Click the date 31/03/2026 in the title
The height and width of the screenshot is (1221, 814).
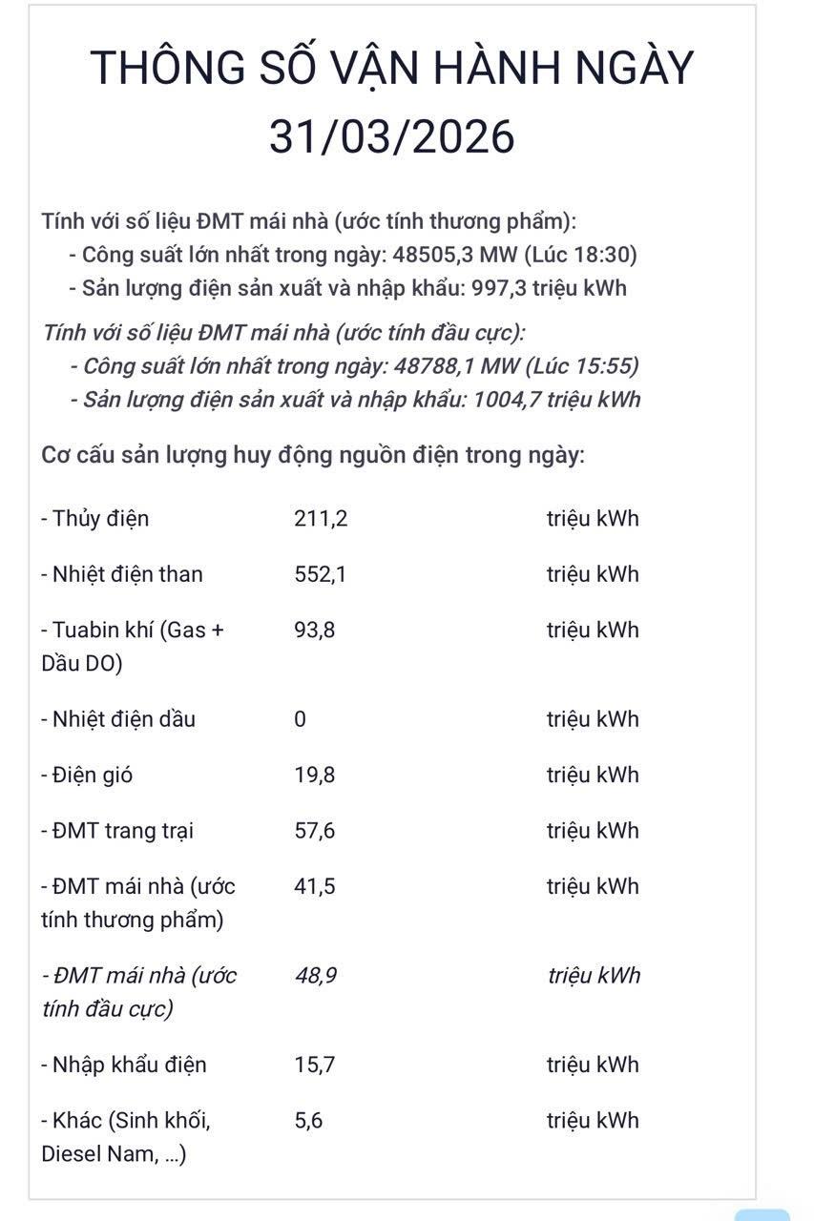pos(391,136)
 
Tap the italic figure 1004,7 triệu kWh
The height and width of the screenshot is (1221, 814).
pos(555,399)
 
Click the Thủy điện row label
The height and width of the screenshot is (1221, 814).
pos(95,519)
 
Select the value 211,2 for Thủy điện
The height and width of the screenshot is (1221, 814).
pos(315,519)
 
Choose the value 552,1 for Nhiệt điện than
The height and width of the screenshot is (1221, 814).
pos(315,574)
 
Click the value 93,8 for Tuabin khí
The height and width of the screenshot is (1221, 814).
pos(314,630)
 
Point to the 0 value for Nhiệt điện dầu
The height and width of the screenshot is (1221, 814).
pos(300,719)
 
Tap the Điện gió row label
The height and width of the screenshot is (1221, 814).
pos(87,775)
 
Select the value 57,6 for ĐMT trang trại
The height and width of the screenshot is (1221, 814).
pos(314,831)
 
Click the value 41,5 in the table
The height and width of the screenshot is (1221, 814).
pos(314,886)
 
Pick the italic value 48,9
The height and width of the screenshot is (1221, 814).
pos(315,976)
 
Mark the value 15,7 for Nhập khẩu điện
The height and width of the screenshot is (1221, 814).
pos(314,1065)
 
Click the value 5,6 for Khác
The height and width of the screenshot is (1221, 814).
pos(308,1121)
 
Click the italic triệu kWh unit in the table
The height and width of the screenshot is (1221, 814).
pos(594,976)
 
